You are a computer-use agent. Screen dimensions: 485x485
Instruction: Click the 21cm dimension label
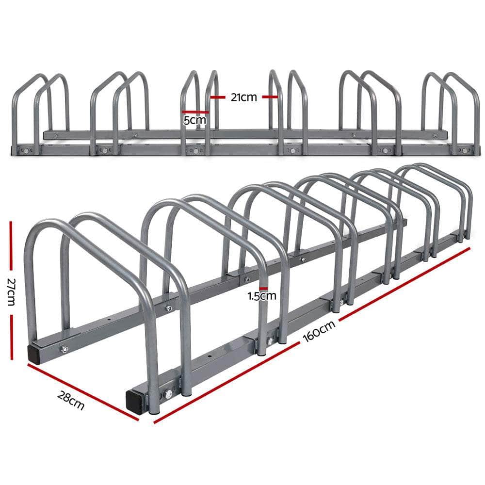pos(243,97)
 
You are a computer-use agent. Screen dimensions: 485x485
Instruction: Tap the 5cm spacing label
pos(195,119)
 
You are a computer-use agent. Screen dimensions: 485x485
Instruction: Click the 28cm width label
pos(70,400)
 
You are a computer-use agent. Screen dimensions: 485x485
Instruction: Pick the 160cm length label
pos(320,330)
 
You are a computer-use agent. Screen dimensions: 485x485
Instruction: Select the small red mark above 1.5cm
pos(263,288)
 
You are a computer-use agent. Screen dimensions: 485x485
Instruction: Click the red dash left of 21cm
pos(218,97)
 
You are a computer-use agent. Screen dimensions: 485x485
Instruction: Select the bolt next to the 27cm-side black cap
pos(64,348)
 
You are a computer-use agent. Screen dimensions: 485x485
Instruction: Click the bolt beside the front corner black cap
pos(168,394)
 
